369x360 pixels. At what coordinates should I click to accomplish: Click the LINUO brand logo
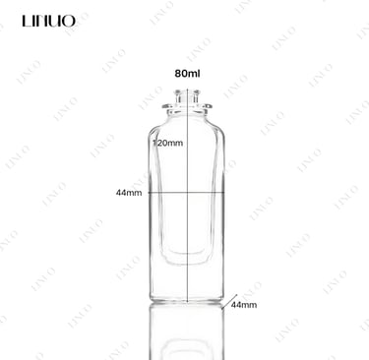tap(49, 21)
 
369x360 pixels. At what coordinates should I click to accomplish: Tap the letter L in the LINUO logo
tap(26, 21)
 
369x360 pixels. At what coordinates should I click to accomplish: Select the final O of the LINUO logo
tap(69, 21)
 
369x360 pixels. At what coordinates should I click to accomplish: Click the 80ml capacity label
tap(187, 74)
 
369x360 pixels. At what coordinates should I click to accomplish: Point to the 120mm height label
tap(168, 143)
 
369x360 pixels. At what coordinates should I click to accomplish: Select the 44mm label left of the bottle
tap(129, 193)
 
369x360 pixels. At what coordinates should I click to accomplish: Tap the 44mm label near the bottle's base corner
tap(244, 305)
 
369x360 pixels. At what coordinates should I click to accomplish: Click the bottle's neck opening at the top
tap(187, 95)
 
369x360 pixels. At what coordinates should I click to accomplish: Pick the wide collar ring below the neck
tap(187, 106)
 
